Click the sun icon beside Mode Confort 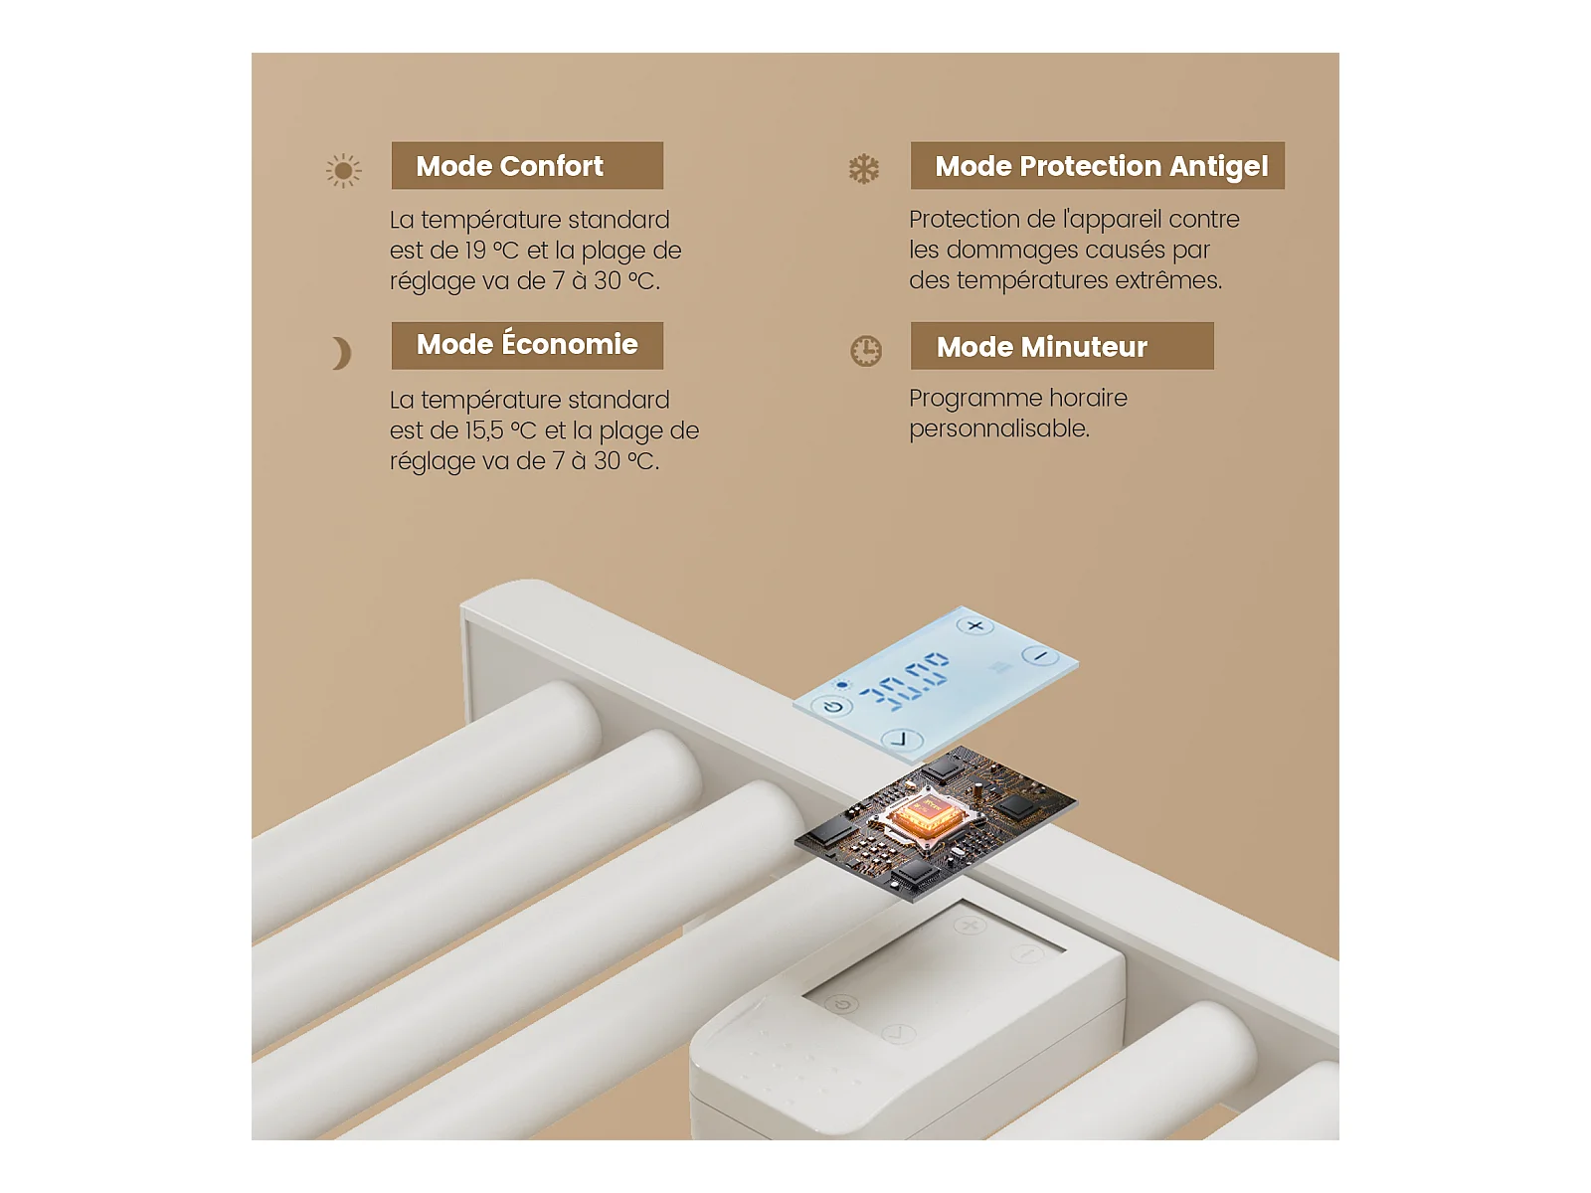coord(344,171)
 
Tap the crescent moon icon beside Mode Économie coord(343,354)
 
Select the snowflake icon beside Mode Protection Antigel coord(863,169)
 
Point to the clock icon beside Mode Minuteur coord(865,351)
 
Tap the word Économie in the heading coord(570,343)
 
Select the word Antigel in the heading coord(1218,167)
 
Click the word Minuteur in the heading coord(1084,347)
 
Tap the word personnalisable coord(998,428)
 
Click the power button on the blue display coord(832,706)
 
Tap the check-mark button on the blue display coord(902,740)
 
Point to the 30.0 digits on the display coord(905,680)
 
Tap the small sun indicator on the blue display coord(841,685)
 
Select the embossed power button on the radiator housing coord(842,1005)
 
